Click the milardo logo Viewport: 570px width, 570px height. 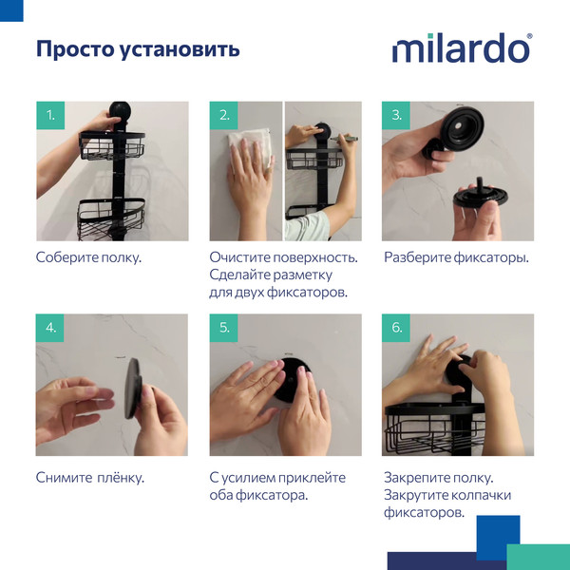[x=462, y=48]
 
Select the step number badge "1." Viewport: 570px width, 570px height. [x=50, y=116]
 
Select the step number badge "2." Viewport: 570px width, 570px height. [x=224, y=116]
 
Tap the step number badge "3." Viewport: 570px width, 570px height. [x=397, y=116]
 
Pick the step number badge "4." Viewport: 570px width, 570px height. [x=50, y=328]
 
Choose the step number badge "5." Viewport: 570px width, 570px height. [x=224, y=328]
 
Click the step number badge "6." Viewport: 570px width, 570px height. [x=397, y=328]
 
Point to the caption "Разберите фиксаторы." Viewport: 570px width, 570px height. [x=456, y=257]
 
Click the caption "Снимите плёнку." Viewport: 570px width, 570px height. [x=89, y=477]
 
